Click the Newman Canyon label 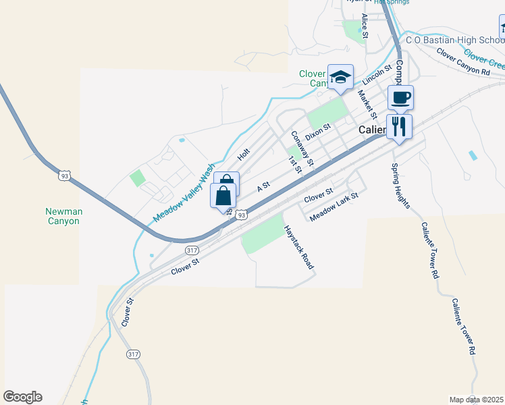click(63, 216)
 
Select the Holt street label click(244, 155)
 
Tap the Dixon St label click(317, 131)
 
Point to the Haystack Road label click(299, 247)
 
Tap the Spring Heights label click(400, 186)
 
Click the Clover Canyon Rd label click(462, 61)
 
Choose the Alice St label click(365, 25)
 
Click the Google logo click(22, 397)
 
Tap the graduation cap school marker click(340, 76)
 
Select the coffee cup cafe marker click(400, 98)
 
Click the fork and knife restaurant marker click(399, 126)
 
